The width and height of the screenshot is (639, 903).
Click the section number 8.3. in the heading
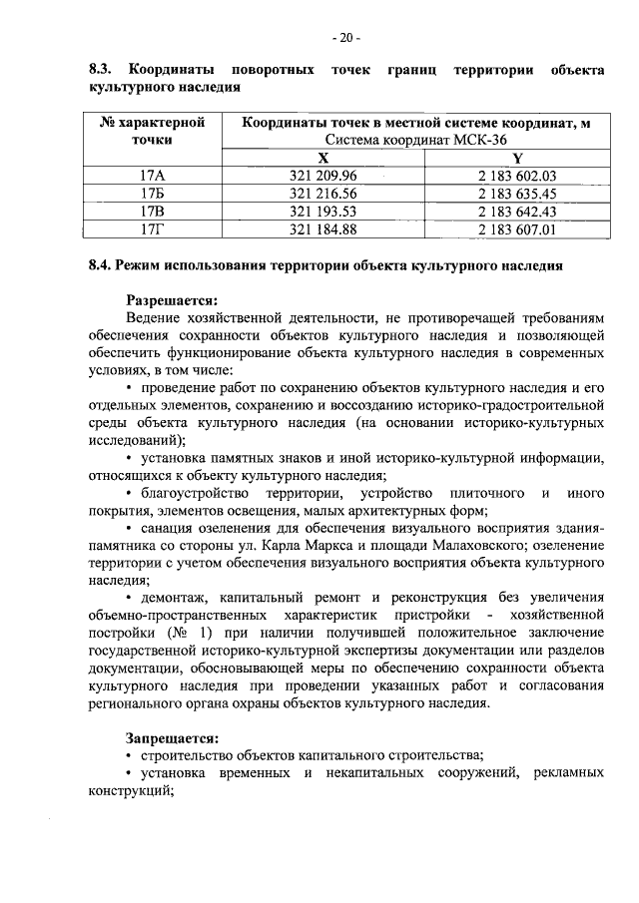point(99,70)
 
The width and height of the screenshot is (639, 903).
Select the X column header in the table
point(321,158)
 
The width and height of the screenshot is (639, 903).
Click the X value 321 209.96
point(321,176)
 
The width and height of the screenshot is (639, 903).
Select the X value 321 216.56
point(321,194)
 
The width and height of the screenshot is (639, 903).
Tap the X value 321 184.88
point(321,229)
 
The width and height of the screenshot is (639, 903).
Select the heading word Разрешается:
point(171,298)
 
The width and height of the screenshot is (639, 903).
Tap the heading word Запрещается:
point(171,738)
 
